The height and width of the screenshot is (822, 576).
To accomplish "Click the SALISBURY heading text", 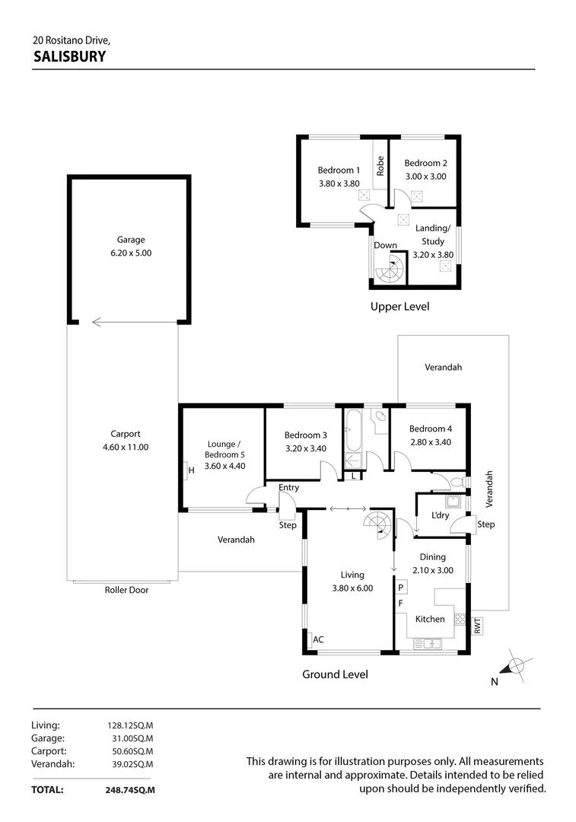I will click(69, 56).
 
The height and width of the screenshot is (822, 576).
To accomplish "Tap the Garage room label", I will click(130, 239).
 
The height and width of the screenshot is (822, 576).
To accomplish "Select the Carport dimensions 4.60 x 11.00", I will click(126, 448).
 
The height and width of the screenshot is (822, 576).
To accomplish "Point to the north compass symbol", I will click(516, 666).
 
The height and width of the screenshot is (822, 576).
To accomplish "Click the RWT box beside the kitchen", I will click(477, 626).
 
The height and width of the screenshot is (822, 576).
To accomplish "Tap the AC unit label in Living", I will click(318, 640).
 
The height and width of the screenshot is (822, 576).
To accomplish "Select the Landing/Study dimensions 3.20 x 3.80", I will click(433, 255).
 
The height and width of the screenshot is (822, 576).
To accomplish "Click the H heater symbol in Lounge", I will click(191, 470).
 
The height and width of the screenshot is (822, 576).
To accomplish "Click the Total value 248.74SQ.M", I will click(130, 790).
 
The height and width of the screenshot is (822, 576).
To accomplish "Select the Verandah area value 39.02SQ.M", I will click(130, 764).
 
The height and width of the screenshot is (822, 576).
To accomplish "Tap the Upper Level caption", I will click(399, 307).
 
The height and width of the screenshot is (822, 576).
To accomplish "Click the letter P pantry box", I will click(401, 588).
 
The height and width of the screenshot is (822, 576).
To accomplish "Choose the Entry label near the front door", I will click(289, 488).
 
